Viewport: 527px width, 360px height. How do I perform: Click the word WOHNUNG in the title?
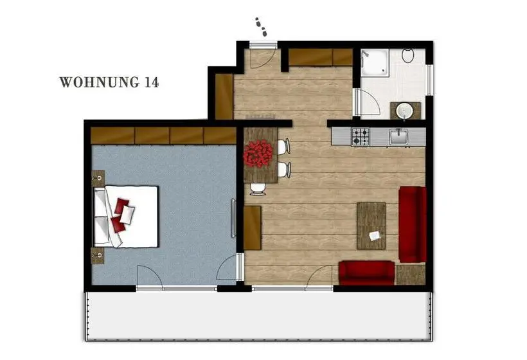coord(99,82)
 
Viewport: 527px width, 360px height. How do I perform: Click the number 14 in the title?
coord(152,82)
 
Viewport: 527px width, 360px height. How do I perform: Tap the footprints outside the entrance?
coord(261,27)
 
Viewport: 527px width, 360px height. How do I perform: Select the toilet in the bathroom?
coord(408,56)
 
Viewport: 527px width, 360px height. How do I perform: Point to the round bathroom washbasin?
coord(404,111)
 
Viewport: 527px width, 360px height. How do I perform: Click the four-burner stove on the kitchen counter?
coord(361,136)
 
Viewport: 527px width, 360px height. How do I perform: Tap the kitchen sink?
coord(399,137)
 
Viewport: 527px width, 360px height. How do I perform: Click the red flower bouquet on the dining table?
coord(258,154)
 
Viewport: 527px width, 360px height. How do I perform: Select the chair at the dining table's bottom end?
coord(258,189)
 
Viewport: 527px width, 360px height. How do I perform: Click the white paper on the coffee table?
coord(375,236)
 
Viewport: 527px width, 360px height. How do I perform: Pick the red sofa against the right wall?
coord(413,224)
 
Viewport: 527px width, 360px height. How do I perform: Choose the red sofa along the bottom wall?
coord(367,273)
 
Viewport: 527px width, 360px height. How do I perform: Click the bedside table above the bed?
coord(98,178)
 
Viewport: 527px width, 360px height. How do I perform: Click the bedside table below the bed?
coord(98,255)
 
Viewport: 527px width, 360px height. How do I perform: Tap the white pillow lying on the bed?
coord(127,215)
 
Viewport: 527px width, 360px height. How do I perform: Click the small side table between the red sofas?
coord(411,275)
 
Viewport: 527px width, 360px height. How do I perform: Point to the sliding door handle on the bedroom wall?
coord(233,218)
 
